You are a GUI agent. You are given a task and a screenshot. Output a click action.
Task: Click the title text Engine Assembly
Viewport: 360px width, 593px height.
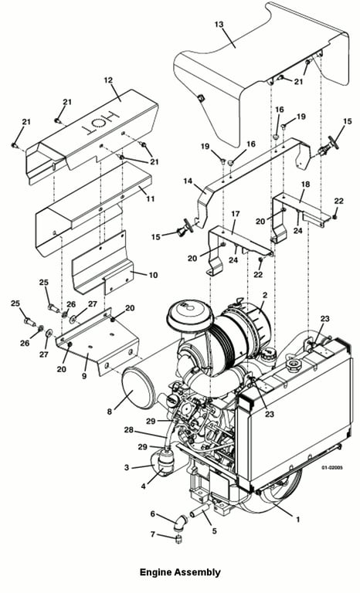180,572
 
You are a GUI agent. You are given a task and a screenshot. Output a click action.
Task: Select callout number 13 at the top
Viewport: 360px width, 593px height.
219,25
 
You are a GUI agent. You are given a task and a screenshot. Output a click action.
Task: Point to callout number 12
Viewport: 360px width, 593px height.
108,80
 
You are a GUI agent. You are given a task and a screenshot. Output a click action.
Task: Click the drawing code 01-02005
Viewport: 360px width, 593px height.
332,467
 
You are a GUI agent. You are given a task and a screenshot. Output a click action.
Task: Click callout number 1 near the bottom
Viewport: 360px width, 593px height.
298,520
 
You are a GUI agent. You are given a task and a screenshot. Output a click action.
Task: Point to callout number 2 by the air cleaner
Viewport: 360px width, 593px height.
265,295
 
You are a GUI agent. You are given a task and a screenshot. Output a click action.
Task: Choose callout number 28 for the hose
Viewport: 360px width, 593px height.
129,430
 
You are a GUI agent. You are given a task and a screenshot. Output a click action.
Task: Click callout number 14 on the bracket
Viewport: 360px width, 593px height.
188,181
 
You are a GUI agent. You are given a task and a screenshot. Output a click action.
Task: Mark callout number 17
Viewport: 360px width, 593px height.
235,214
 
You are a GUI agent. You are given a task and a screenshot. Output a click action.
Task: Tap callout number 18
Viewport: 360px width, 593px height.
305,185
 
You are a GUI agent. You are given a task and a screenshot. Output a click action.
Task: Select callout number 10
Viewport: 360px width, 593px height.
153,275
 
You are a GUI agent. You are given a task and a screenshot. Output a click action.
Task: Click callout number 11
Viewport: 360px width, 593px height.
151,198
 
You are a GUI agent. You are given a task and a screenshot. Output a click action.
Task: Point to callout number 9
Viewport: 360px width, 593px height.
84,376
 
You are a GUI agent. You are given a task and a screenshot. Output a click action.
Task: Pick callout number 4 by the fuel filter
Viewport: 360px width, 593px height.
143,486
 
